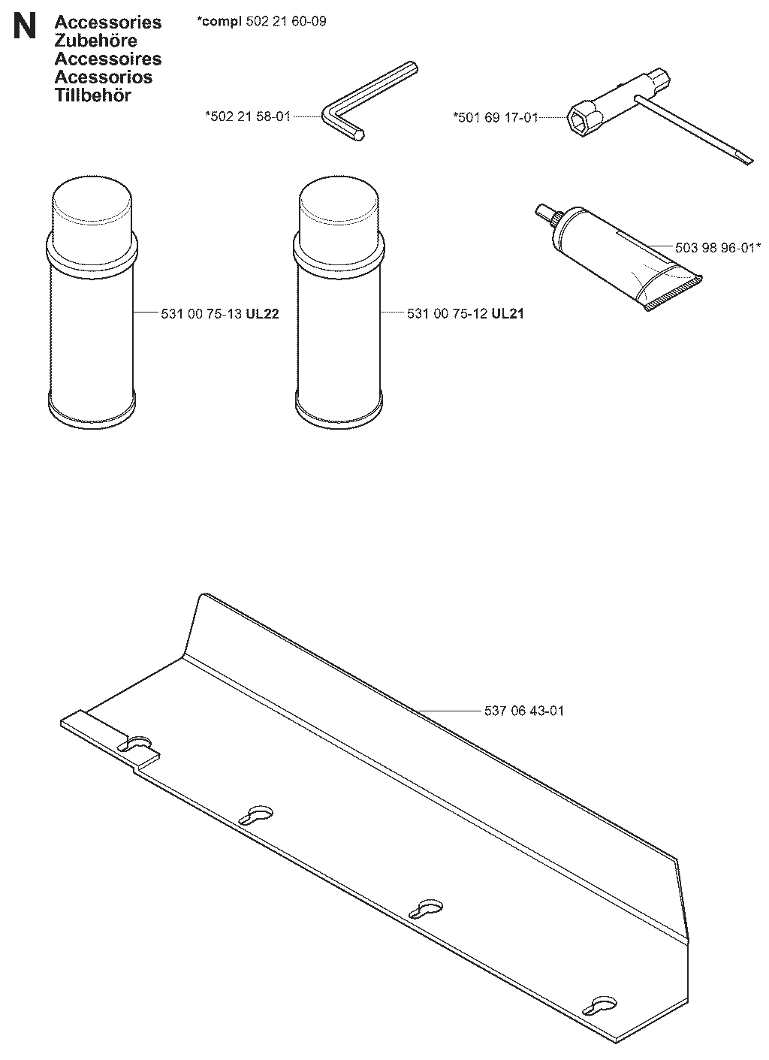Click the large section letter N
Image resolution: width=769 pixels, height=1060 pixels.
click(25, 26)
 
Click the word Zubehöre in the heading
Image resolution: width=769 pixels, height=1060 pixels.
click(95, 41)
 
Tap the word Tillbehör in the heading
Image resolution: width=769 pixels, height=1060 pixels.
click(92, 95)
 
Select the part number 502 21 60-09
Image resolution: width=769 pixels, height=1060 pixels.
click(286, 21)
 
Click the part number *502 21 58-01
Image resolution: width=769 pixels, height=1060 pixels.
click(248, 116)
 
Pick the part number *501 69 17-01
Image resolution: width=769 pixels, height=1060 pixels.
click(496, 117)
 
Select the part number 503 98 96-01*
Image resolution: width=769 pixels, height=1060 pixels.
click(718, 247)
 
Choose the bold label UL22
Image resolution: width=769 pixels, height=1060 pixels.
click(262, 314)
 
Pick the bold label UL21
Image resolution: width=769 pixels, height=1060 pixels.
click(508, 314)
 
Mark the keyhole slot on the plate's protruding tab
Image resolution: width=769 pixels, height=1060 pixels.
click(134, 744)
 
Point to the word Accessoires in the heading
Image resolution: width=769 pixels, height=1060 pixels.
click(108, 59)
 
